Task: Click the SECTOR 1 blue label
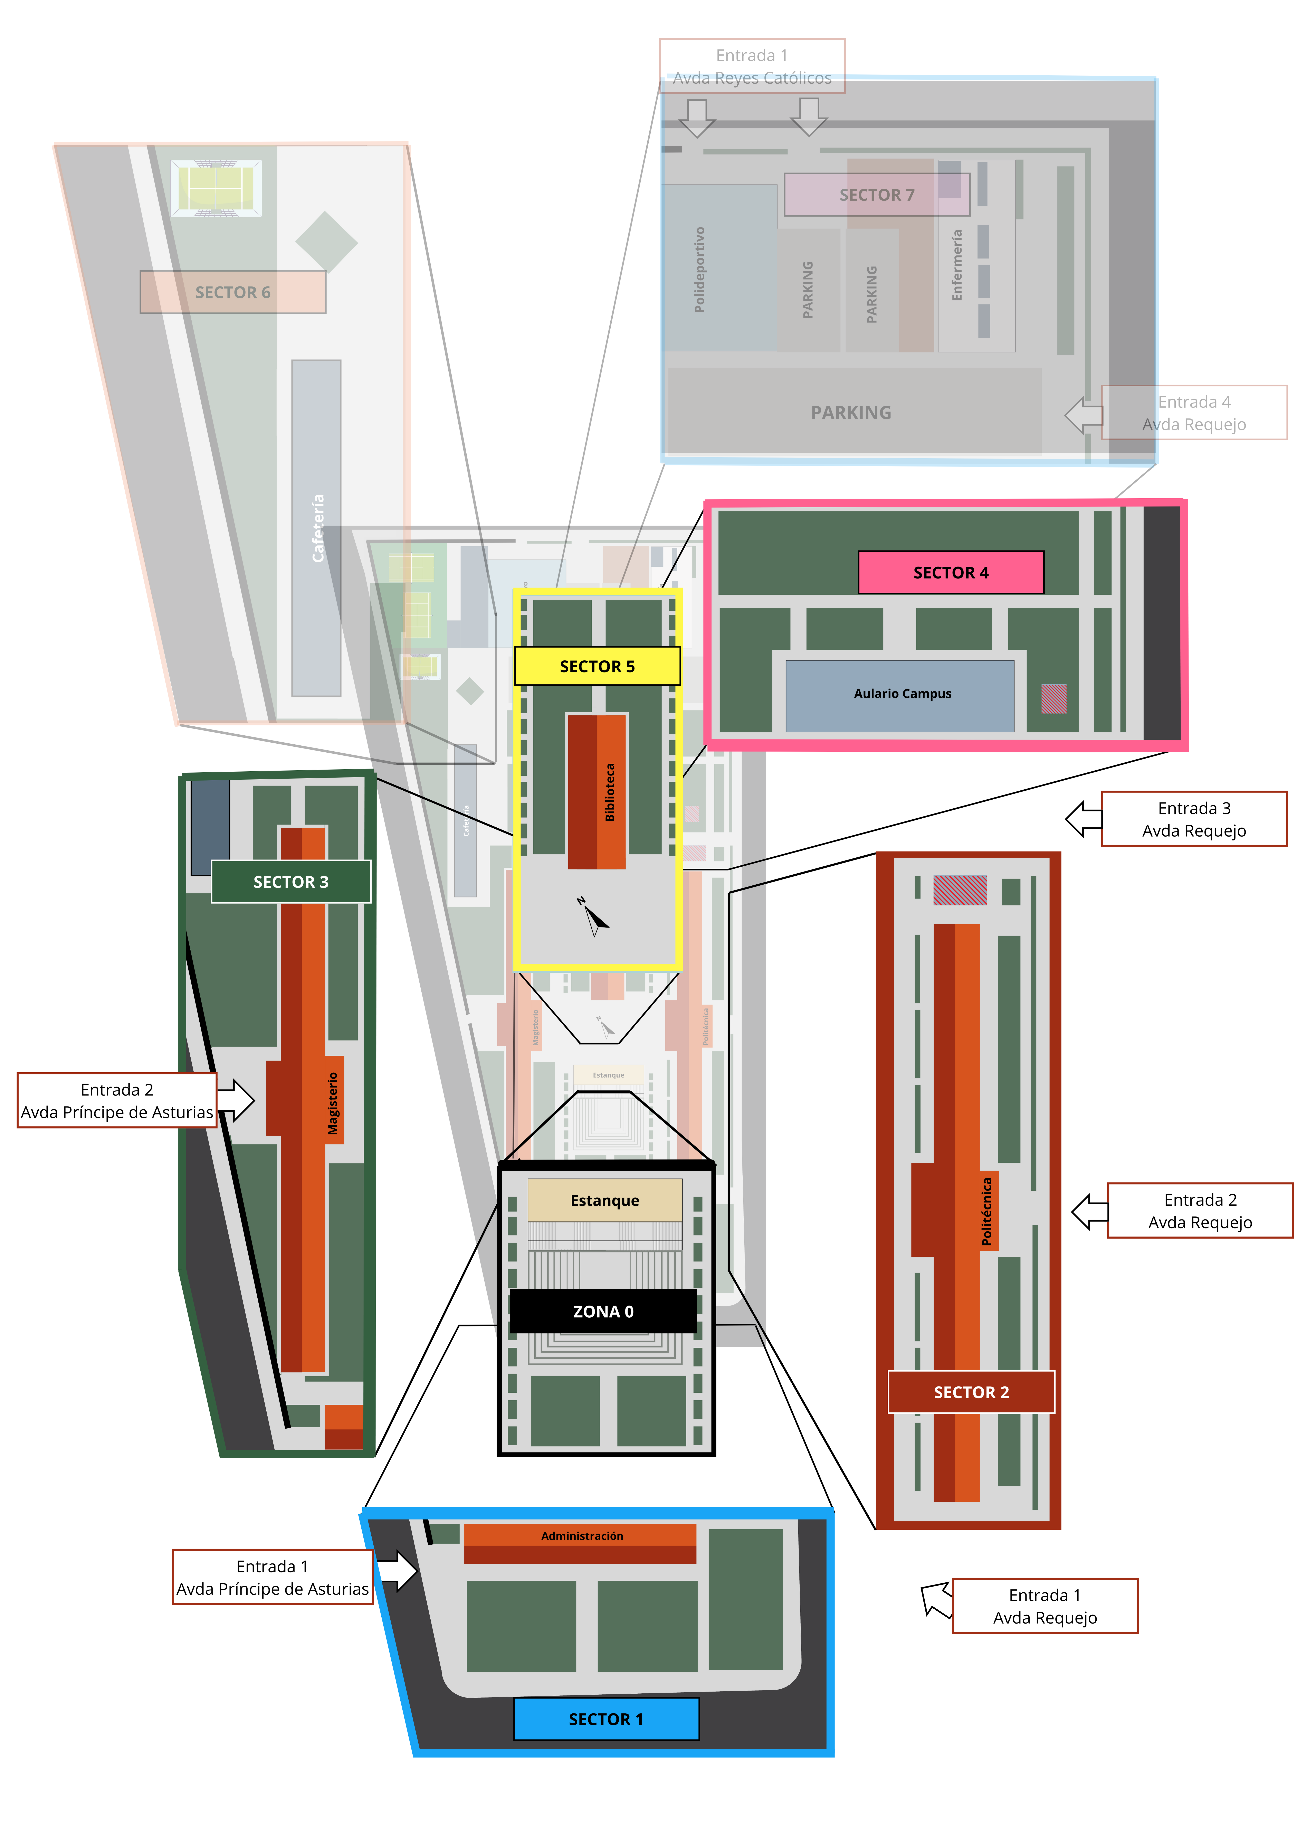(x=606, y=1718)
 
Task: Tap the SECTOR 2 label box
(x=971, y=1391)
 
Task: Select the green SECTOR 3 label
(x=291, y=882)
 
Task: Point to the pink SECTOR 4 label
(x=950, y=572)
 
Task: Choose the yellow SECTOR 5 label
(x=597, y=666)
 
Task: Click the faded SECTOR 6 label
(x=232, y=292)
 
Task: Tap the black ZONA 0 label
(x=603, y=1311)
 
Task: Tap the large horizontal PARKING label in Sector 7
(x=851, y=412)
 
